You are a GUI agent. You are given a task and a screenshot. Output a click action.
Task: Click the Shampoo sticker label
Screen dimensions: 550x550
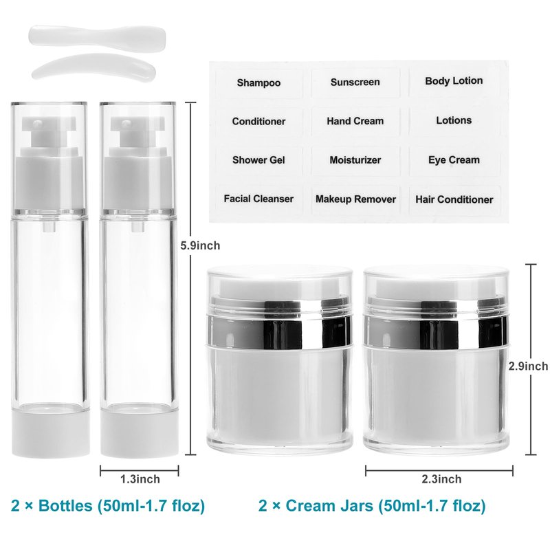point(259,83)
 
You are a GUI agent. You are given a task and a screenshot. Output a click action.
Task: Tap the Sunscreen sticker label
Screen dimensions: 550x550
point(355,82)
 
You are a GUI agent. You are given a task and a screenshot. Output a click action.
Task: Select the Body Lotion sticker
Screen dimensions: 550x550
point(454,81)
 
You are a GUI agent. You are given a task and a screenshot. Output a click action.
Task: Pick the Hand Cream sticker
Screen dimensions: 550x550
point(355,122)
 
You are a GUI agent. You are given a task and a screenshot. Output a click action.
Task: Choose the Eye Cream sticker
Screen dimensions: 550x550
point(454,160)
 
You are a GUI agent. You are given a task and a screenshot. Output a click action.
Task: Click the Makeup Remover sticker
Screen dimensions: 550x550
point(355,199)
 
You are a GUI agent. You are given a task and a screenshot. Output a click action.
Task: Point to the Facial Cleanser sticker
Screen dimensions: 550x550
point(259,199)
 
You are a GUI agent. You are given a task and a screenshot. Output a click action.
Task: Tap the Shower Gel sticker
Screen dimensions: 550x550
point(259,160)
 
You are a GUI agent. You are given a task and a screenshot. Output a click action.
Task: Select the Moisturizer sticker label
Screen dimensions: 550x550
point(355,160)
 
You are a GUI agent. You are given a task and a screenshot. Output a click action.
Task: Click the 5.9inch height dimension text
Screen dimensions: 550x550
point(200,245)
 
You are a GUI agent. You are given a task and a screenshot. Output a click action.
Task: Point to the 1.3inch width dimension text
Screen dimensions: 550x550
point(140,479)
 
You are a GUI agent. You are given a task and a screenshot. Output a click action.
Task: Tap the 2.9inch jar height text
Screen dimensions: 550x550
point(528,366)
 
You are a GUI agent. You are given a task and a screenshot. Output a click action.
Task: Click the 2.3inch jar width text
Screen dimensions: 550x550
point(441,479)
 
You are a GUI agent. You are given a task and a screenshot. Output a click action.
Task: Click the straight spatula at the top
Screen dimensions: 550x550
point(97,34)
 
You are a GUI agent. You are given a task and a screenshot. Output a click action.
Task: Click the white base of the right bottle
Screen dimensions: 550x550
point(140,435)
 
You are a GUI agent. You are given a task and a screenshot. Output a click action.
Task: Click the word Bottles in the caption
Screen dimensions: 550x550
point(65,506)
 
